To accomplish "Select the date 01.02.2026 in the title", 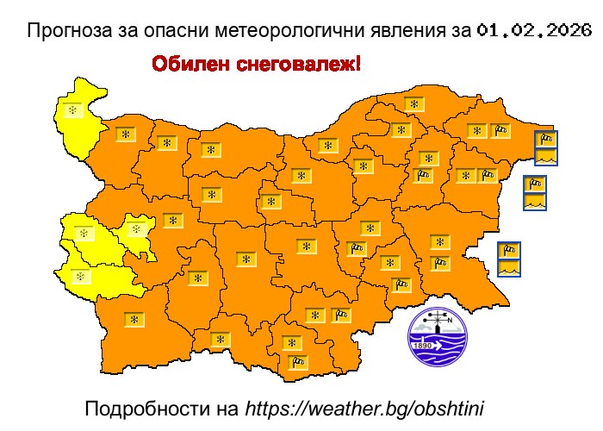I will [x=533, y=32].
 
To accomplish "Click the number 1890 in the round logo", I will [x=423, y=346].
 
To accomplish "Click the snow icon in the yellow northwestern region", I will [x=72, y=110].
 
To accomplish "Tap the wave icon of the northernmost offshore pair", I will [x=545, y=157].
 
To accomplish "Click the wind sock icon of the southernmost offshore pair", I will [x=510, y=251].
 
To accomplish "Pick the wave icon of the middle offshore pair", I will [x=535, y=202].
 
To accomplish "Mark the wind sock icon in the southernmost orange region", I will [x=298, y=362].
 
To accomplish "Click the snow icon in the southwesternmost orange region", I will [x=134, y=320].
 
